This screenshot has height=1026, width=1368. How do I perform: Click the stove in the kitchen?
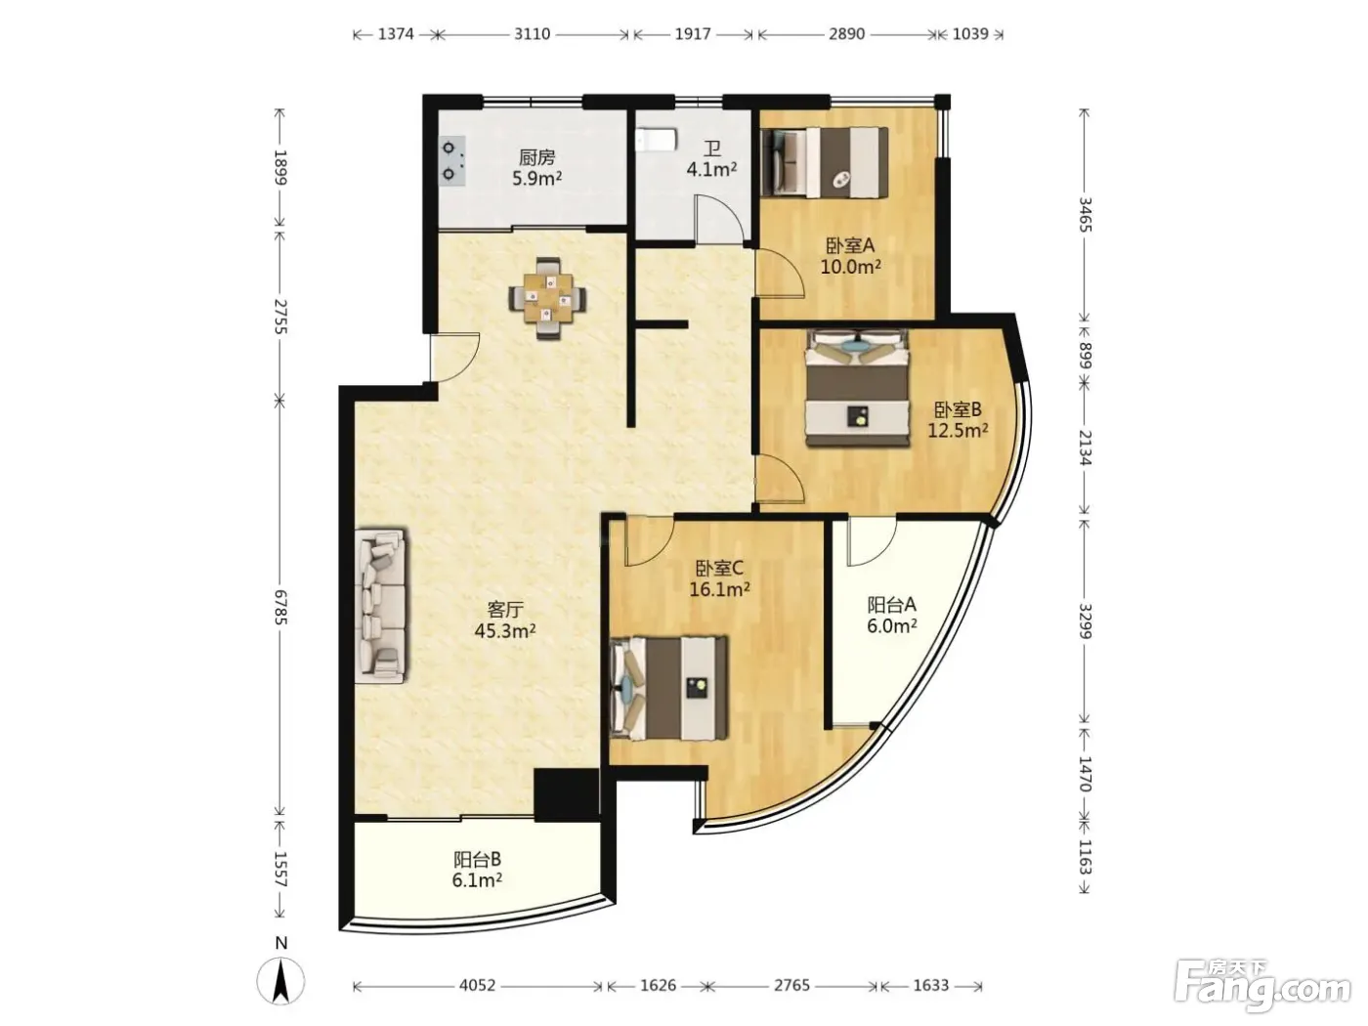pyautogui.click(x=451, y=161)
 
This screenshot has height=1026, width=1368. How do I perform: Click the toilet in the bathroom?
pyautogui.click(x=656, y=140)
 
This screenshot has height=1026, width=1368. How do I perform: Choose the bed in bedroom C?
pyautogui.click(x=668, y=688)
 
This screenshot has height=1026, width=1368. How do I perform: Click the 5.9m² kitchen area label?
pyautogui.click(x=536, y=179)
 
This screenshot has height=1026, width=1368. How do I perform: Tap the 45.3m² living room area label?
pyautogui.click(x=505, y=630)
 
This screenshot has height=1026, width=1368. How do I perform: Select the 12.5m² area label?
pyautogui.click(x=958, y=430)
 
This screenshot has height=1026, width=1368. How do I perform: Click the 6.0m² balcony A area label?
pyautogui.click(x=891, y=625)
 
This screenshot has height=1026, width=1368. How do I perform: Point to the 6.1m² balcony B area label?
pyautogui.click(x=478, y=880)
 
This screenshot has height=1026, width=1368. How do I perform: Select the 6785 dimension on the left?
pyautogui.click(x=280, y=607)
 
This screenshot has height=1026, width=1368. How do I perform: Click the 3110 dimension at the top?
pyautogui.click(x=532, y=33)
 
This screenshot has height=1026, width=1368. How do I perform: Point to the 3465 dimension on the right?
pyautogui.click(x=1085, y=214)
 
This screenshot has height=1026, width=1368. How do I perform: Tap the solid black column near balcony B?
pyautogui.click(x=567, y=794)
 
